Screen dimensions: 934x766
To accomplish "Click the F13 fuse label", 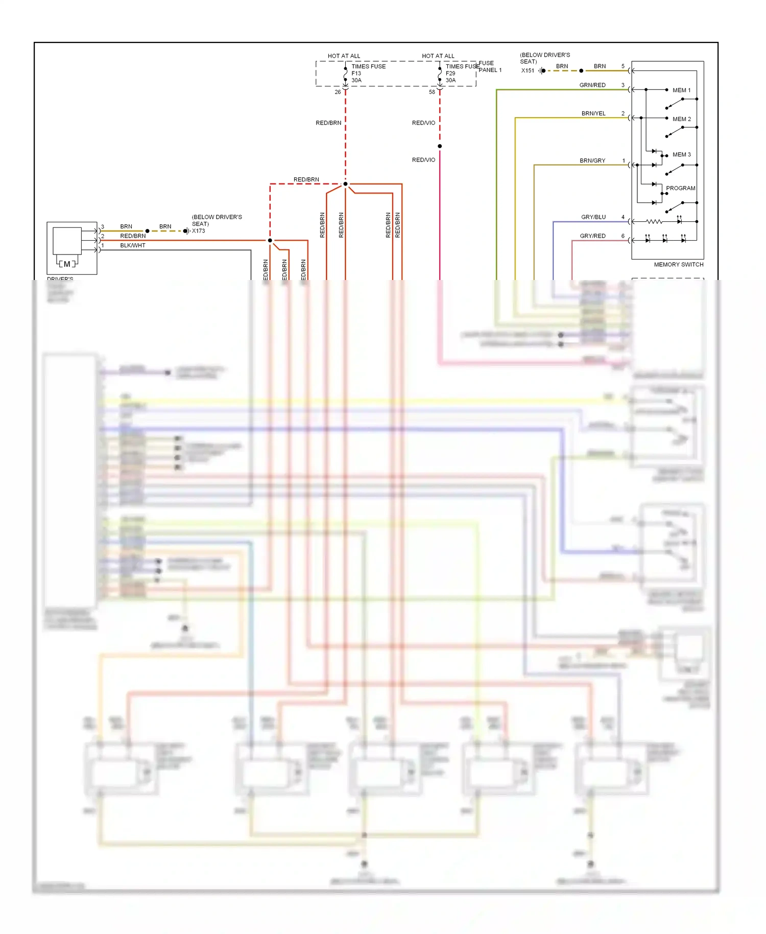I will (x=356, y=74).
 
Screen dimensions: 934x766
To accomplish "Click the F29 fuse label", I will (x=450, y=74).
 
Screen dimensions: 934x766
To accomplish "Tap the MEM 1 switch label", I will (x=681, y=90).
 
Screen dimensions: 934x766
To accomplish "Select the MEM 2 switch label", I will (x=681, y=119).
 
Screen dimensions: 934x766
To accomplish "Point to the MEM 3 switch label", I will (x=681, y=155).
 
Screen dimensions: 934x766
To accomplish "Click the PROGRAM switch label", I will (x=680, y=189).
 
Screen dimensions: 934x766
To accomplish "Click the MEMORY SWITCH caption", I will (x=678, y=265).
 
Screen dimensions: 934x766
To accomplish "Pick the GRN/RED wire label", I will (x=592, y=85).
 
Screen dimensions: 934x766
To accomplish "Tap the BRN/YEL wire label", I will (x=593, y=114).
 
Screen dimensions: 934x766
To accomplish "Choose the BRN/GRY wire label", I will (x=592, y=161).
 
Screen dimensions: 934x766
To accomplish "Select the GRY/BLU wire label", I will (x=593, y=218).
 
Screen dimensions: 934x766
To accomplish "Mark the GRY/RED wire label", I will (x=592, y=236).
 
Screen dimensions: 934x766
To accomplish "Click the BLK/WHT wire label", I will (x=133, y=246).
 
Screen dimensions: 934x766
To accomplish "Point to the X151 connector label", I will (x=528, y=71).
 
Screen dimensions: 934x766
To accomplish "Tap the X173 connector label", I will (x=198, y=231).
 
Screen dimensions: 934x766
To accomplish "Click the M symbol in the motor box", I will (x=67, y=264).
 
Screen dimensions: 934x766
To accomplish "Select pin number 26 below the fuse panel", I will (x=338, y=92).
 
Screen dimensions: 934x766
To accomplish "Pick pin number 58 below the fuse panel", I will (x=432, y=92).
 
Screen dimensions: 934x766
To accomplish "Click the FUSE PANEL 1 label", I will (x=490, y=67).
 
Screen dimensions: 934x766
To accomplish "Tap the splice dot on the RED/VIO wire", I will (x=440, y=147).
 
